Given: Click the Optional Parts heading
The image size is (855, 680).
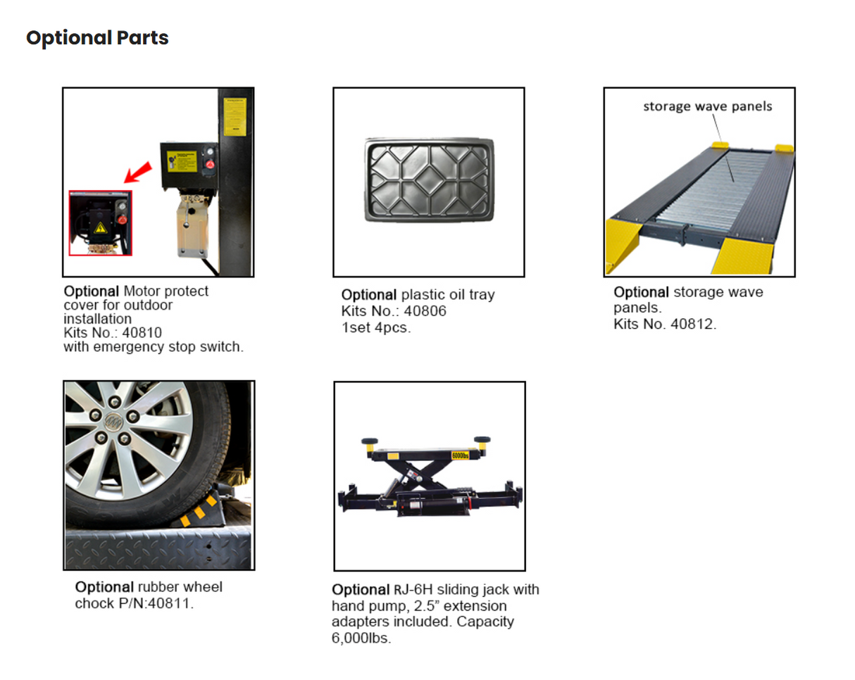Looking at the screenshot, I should pyautogui.click(x=97, y=38).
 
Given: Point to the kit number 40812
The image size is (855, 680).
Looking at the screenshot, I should pyautogui.click(x=694, y=325).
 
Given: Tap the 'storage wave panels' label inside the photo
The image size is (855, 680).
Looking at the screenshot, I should pyautogui.click(x=707, y=106).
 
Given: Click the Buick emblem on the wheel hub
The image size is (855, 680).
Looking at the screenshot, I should pyautogui.click(x=112, y=424).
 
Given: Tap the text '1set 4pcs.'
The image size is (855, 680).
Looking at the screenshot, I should pyautogui.click(x=375, y=327).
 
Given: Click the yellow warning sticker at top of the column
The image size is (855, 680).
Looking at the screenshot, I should pyautogui.click(x=234, y=116).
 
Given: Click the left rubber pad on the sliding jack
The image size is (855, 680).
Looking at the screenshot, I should pyautogui.click(x=369, y=441).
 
